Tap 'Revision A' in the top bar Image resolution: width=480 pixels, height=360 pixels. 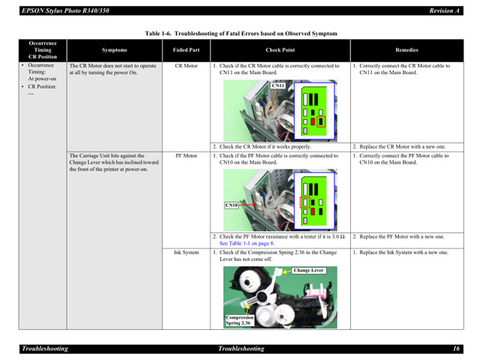click(x=443, y=10)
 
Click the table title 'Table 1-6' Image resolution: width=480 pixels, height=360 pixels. click(x=241, y=34)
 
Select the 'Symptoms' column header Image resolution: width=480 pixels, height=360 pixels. click(x=114, y=50)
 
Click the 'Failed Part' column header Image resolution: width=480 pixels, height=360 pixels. click(x=186, y=50)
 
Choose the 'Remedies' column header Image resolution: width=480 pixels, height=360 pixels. click(x=406, y=50)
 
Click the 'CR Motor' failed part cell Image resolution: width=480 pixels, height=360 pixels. click(x=186, y=66)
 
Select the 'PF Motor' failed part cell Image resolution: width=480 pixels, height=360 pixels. click(x=186, y=156)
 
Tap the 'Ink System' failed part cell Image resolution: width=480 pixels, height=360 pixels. click(x=186, y=253)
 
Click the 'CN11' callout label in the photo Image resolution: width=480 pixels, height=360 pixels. click(x=277, y=86)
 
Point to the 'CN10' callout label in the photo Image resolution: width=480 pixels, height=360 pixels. click(x=231, y=205)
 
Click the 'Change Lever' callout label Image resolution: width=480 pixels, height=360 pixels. click(x=308, y=270)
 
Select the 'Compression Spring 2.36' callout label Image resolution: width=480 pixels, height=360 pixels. click(x=239, y=319)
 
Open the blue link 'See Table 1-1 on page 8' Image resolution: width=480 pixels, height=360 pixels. click(x=247, y=243)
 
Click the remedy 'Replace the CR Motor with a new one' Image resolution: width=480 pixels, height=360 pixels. click(x=401, y=147)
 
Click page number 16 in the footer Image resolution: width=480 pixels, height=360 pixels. click(x=455, y=349)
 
